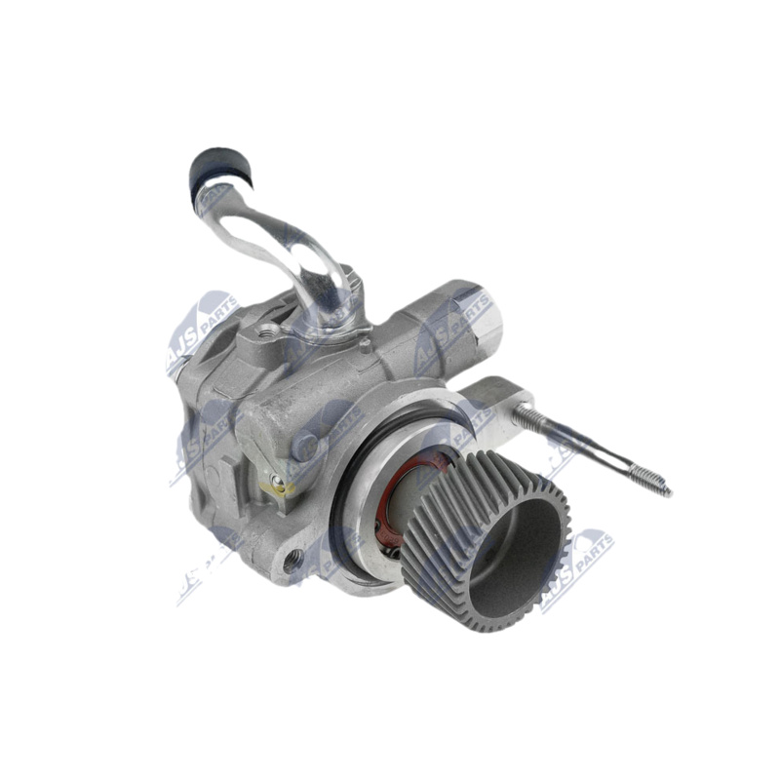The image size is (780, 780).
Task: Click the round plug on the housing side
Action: click(x=307, y=446)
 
